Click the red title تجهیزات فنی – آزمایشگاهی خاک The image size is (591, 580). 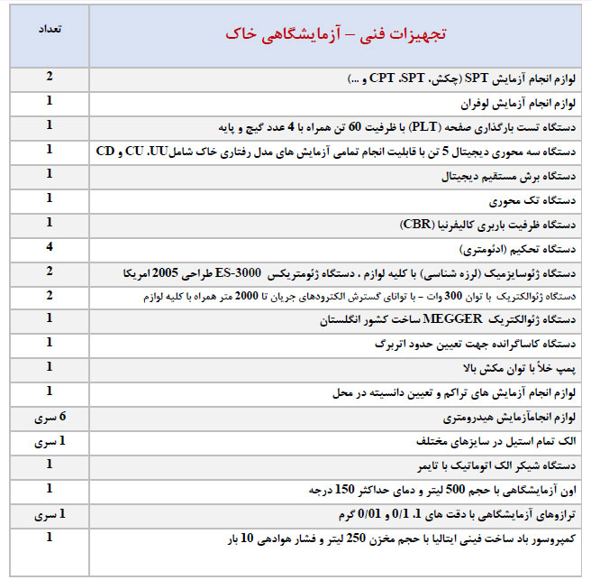(x=337, y=34)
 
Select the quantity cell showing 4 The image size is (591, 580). (x=49, y=245)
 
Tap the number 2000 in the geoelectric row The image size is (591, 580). (x=258, y=296)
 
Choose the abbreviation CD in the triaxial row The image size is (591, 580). (x=105, y=151)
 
